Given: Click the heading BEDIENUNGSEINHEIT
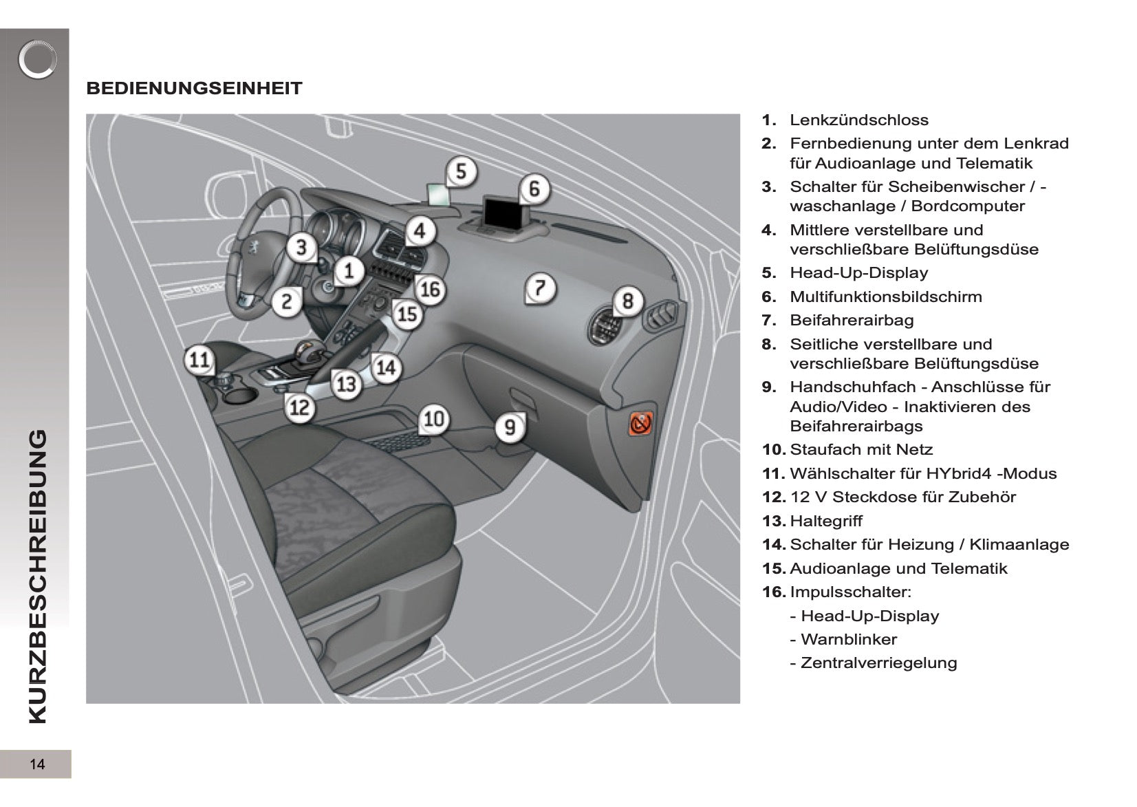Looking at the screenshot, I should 194,88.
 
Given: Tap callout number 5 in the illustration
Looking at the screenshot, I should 462,171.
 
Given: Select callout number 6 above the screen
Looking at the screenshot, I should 534,188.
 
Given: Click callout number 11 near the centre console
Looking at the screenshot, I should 199,359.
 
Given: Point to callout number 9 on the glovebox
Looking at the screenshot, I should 510,427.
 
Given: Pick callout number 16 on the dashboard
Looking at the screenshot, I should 430,290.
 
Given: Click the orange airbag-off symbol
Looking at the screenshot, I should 640,424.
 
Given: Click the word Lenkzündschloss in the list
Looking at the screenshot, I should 858,120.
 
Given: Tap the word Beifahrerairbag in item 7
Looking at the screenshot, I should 852,321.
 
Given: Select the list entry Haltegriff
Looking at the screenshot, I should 826,521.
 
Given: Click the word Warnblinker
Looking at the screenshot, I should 849,640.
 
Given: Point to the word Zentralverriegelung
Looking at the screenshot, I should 878,663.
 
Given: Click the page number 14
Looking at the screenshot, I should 37,764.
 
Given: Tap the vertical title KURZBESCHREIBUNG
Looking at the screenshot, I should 38,577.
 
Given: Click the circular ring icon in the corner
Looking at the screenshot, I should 37,61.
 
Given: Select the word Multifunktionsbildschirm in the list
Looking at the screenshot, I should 886,297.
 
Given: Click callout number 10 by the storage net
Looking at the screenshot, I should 434,419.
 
